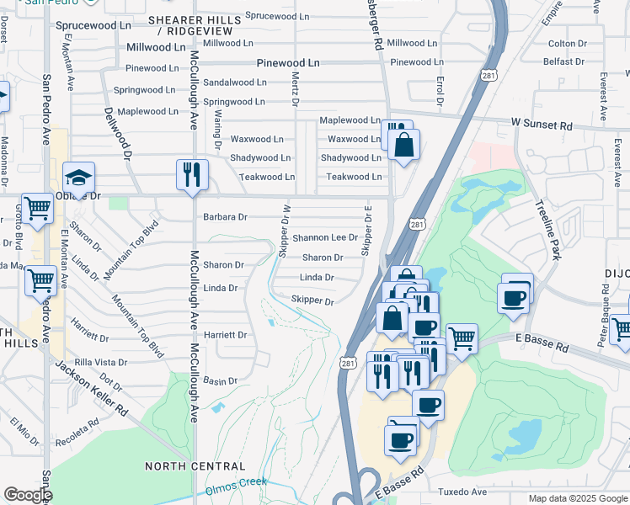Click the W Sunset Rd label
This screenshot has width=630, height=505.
click(x=542, y=125)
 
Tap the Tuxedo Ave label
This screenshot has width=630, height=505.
click(x=462, y=492)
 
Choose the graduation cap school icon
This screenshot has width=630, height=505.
click(x=78, y=178)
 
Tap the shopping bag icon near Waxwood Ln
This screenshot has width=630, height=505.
click(x=403, y=145)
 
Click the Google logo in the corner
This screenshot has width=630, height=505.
click(x=27, y=495)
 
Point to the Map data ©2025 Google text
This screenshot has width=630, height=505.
click(x=578, y=498)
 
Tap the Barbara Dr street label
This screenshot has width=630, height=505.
click(x=225, y=216)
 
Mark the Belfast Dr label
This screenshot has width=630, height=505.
click(x=563, y=61)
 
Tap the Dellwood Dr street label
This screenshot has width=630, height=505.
click(x=118, y=133)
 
